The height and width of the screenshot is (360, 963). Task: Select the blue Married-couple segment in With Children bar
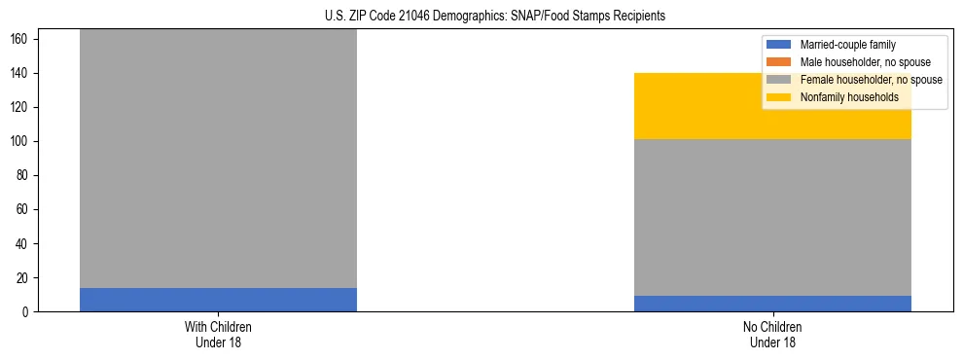click(x=218, y=300)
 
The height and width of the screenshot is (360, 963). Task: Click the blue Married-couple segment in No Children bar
click(x=772, y=304)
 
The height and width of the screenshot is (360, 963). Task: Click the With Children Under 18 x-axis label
click(x=218, y=334)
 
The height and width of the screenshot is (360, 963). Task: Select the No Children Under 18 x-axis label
click(x=772, y=334)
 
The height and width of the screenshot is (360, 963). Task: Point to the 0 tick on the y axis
click(x=28, y=312)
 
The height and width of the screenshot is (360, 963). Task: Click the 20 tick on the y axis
click(x=25, y=278)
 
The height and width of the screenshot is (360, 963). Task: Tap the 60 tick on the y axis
click(x=25, y=210)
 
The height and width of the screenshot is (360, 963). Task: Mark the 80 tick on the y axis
click(x=25, y=176)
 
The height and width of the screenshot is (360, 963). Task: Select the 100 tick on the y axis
click(x=22, y=142)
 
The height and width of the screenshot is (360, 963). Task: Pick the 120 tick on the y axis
click(x=22, y=108)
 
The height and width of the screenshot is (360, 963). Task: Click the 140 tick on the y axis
click(x=22, y=74)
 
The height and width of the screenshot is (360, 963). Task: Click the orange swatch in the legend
click(x=779, y=62)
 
